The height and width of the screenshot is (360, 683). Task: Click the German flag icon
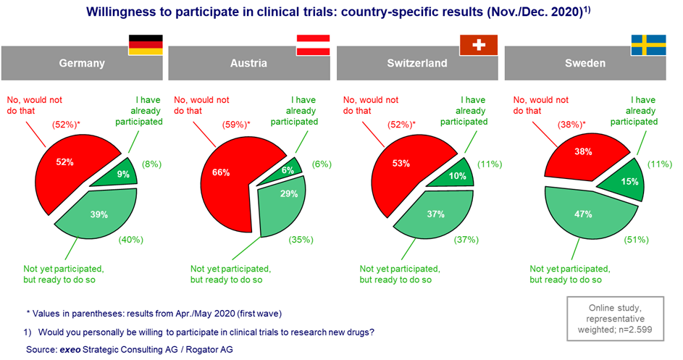coord(146,45)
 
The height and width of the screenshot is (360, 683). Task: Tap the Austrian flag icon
coord(312,45)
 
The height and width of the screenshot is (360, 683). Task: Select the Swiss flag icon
coord(479,45)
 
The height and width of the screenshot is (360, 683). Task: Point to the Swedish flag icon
coord(648,45)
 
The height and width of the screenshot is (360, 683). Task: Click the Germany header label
coord(82,63)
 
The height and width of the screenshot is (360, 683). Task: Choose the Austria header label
coord(248,63)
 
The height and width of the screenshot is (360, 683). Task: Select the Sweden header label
coord(585,63)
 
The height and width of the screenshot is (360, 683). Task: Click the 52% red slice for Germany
coord(70,167)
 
